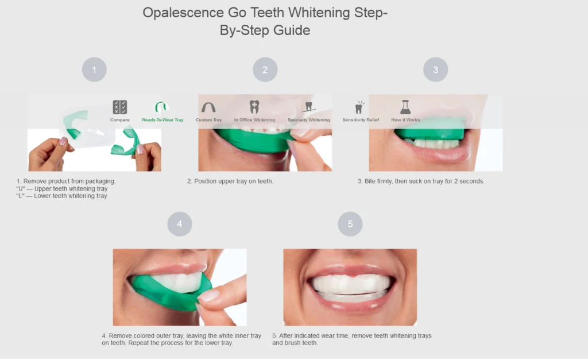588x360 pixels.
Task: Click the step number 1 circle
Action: click(94, 70)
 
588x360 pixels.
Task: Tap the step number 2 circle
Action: click(265, 70)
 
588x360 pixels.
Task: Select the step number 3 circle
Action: click(435, 70)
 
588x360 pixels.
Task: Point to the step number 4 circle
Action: click(179, 224)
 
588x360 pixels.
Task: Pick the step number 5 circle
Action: click(350, 224)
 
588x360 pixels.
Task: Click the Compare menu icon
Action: click(120, 107)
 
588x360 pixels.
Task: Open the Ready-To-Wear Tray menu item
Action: click(163, 112)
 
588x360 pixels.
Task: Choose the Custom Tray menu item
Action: click(208, 112)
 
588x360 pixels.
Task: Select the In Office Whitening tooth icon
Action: click(254, 107)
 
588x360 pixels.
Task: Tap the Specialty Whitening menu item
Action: click(308, 112)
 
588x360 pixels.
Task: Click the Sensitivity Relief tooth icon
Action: click(359, 107)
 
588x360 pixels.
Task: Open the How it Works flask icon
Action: click(405, 107)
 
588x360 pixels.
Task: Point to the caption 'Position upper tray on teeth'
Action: click(230, 181)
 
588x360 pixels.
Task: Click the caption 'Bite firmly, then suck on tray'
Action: click(421, 181)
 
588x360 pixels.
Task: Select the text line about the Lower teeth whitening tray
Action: click(61, 196)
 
